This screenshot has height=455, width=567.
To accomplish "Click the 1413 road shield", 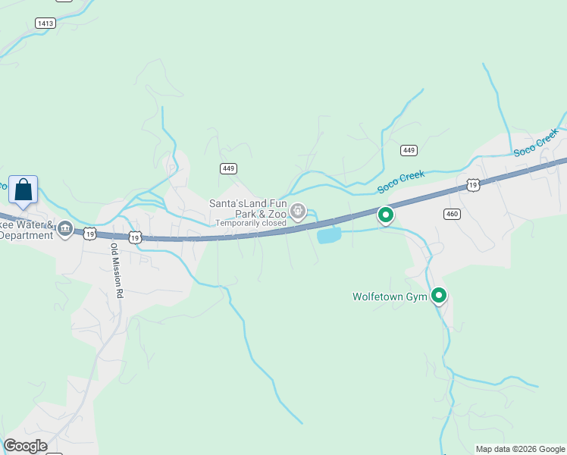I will (x=45, y=24).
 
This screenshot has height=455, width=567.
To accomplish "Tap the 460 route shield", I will (x=453, y=214).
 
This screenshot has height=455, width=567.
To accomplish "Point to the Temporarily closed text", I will (x=250, y=223).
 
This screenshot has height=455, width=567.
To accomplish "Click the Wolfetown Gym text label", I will (x=390, y=297).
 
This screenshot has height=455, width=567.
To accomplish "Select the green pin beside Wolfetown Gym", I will (x=438, y=295).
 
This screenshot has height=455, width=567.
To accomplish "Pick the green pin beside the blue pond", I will (x=385, y=215).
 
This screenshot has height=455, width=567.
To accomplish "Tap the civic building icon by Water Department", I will (x=65, y=228).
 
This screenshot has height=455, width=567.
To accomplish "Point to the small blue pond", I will (x=328, y=237).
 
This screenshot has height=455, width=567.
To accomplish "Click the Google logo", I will (x=25, y=446).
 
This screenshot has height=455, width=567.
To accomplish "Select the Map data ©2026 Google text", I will (x=520, y=449).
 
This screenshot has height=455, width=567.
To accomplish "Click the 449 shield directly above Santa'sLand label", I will (x=227, y=168).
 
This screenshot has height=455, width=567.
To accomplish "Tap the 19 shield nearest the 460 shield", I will (x=473, y=185).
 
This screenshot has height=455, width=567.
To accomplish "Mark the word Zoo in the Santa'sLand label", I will (x=276, y=214).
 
